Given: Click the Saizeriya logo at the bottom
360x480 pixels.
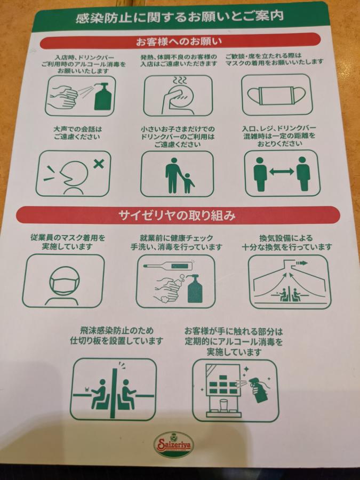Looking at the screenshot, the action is pyautogui.click(x=173, y=444).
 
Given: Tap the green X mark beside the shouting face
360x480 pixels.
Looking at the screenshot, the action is pyautogui.click(x=98, y=164).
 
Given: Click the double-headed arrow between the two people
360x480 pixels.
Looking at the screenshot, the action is pyautogui.click(x=281, y=172).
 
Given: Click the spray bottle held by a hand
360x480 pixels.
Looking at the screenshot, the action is pyautogui.click(x=259, y=389).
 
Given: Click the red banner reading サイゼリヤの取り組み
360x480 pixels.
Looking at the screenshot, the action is pyautogui.click(x=178, y=215).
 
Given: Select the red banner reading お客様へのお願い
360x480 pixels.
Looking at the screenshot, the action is pyautogui.click(x=180, y=41).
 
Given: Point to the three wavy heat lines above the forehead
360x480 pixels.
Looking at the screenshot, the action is pyautogui.click(x=180, y=80).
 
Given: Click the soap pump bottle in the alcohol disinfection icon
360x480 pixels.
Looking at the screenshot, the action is pyautogui.click(x=103, y=97).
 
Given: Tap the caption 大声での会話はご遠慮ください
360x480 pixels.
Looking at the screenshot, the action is pyautogui.click(x=77, y=133).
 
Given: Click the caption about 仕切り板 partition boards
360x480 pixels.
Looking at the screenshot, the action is pyautogui.click(x=116, y=335).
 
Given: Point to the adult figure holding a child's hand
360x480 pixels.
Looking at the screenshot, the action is pyautogui.click(x=174, y=175).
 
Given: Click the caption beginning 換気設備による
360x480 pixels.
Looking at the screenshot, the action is pyautogui.click(x=287, y=242).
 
